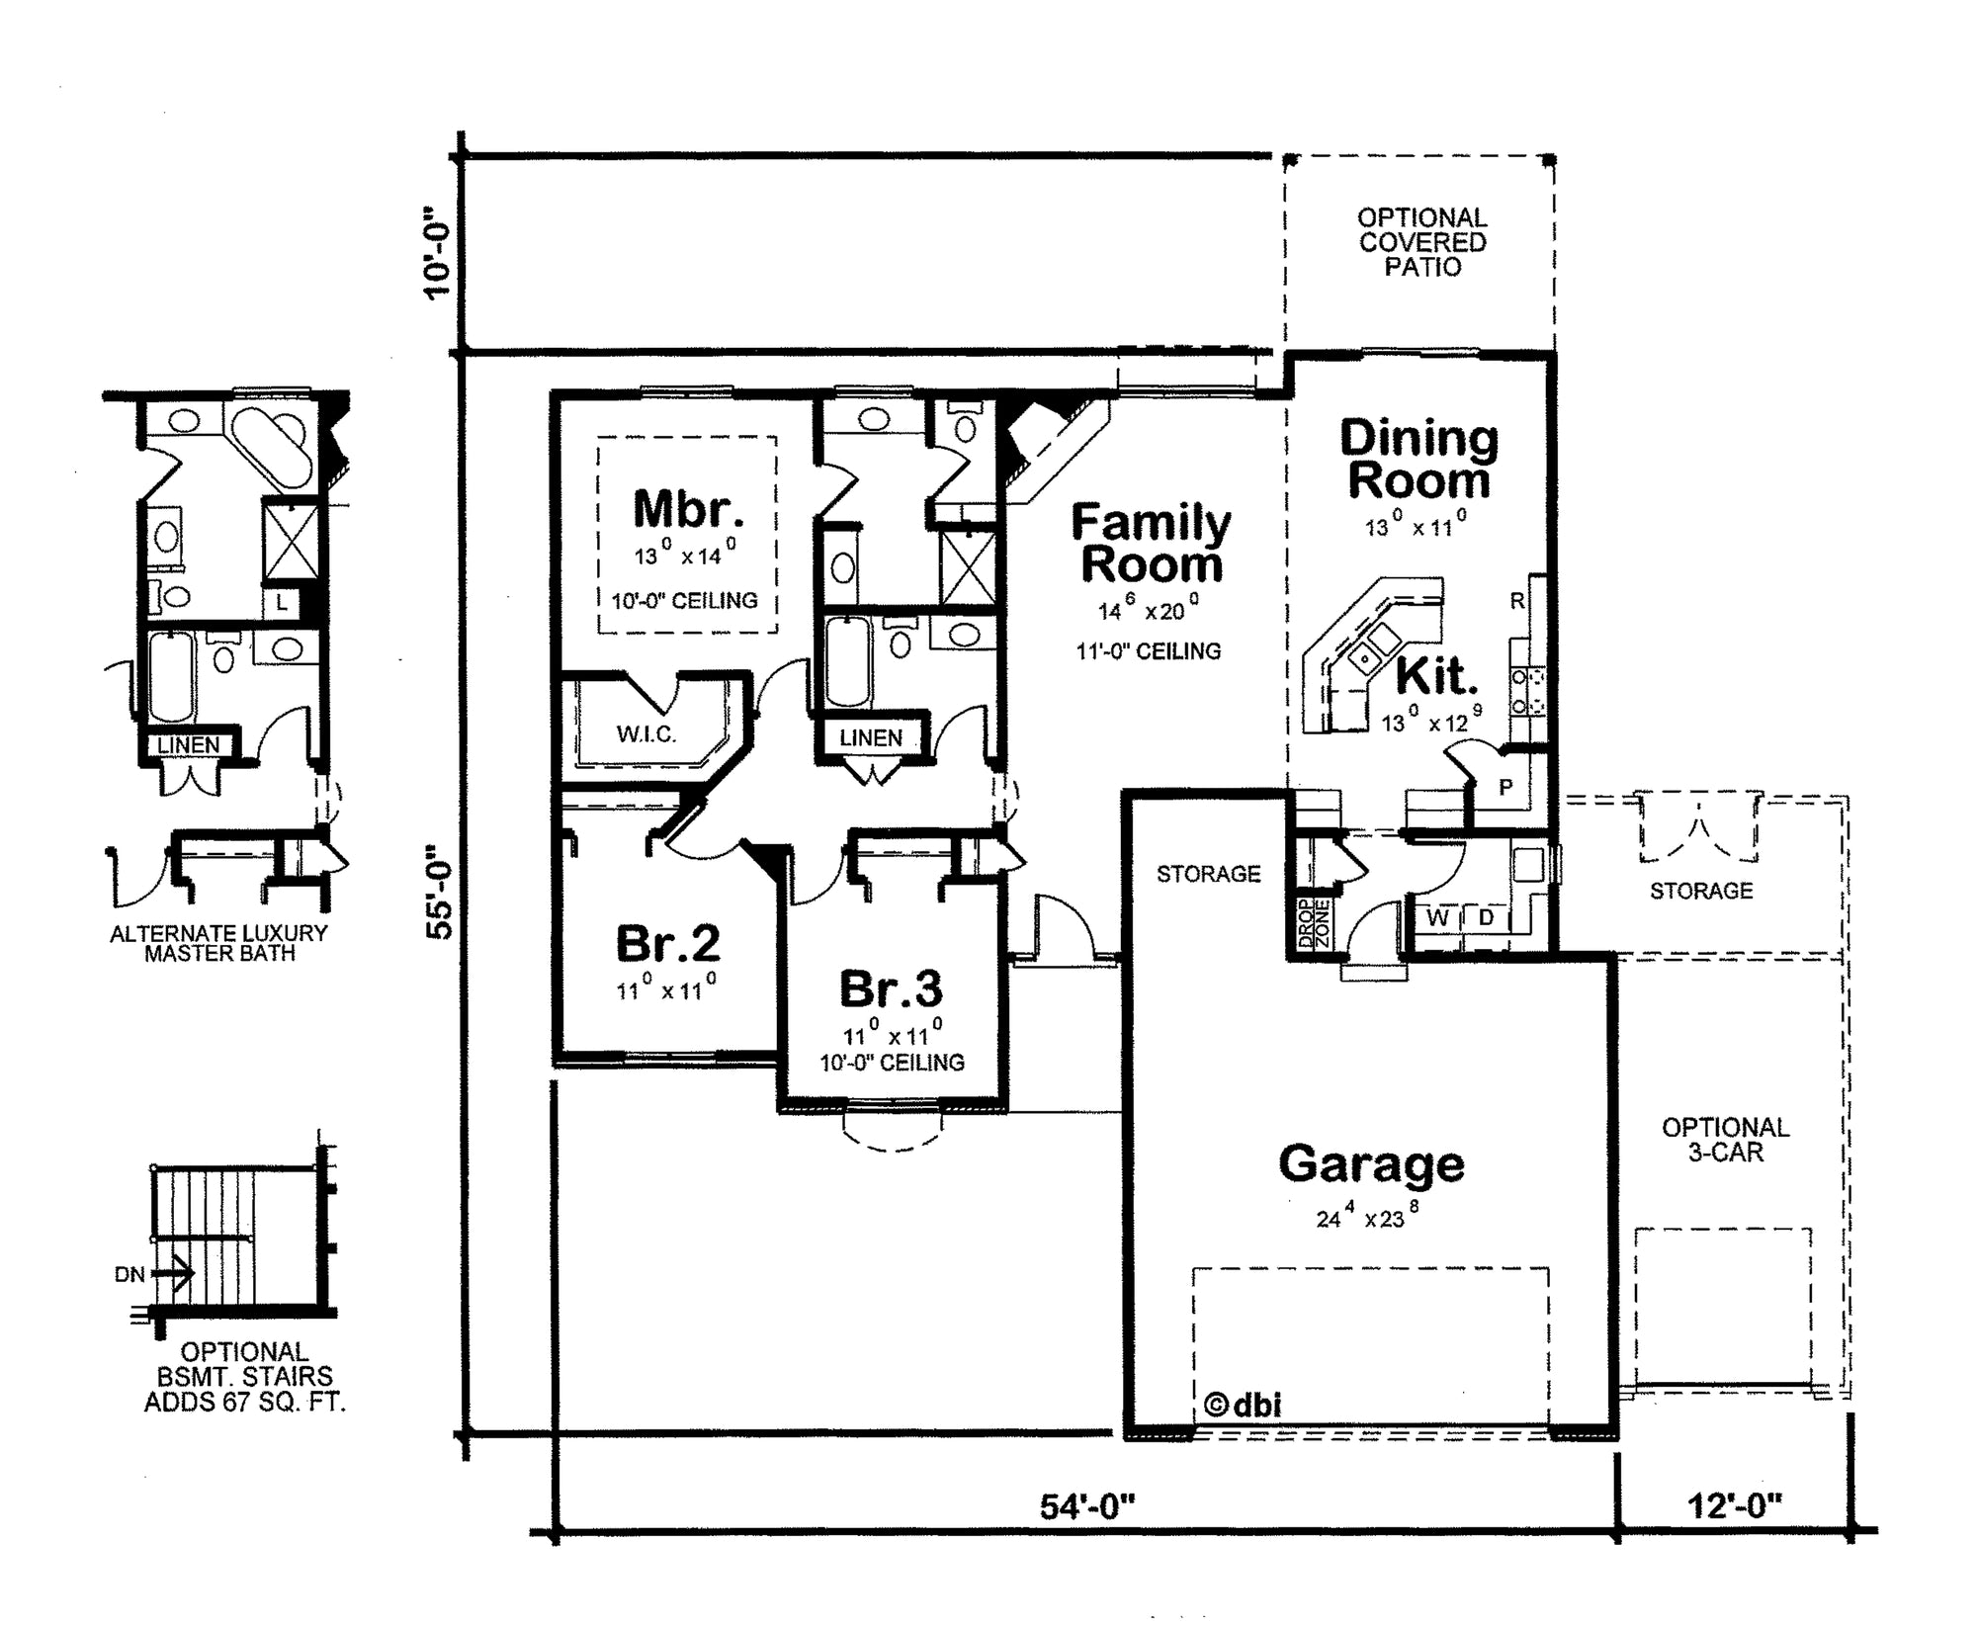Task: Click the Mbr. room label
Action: tap(688, 509)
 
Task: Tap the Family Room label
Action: tap(1152, 544)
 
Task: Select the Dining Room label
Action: tap(1419, 460)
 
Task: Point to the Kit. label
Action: tap(1437, 677)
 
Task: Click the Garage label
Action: tap(1371, 1164)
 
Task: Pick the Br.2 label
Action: tap(668, 943)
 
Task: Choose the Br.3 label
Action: tap(891, 988)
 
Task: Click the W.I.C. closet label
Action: tap(646, 734)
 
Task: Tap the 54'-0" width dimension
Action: tap(1087, 1506)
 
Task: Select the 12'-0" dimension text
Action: tap(1734, 1506)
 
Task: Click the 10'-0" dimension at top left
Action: tap(436, 252)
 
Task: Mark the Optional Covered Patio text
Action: tap(1422, 242)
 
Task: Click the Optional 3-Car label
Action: tap(1726, 1140)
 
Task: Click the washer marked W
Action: tap(1438, 918)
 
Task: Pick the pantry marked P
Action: tap(1505, 788)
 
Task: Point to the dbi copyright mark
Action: tap(1244, 1405)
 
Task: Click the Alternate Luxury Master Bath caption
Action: tap(218, 943)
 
